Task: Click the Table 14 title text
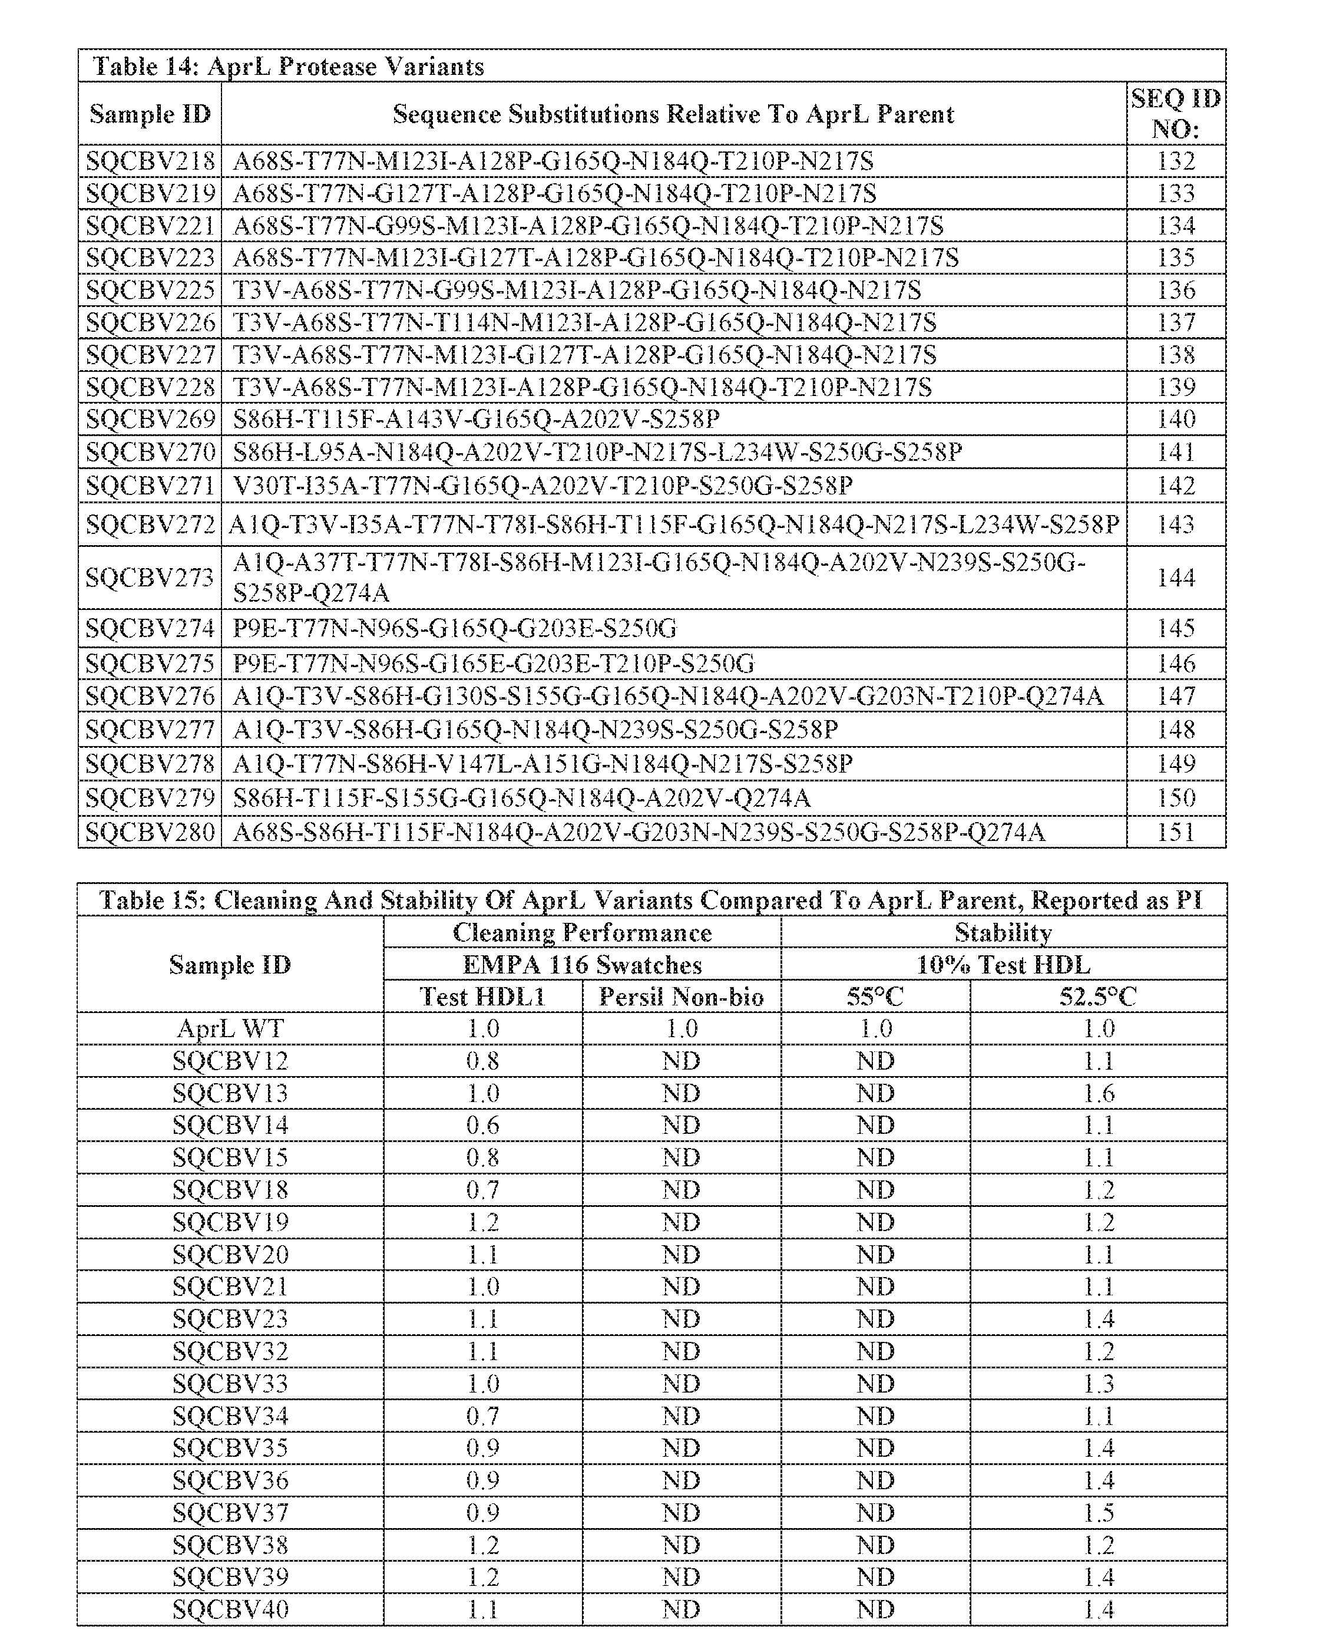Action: tap(288, 66)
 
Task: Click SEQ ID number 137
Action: tap(1176, 322)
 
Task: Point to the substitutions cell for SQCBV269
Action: tap(476, 420)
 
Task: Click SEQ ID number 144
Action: tap(1176, 578)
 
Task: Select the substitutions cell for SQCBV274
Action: tap(455, 629)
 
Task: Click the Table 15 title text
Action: tap(651, 900)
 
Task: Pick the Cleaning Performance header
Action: tap(582, 932)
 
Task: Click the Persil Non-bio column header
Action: tap(681, 997)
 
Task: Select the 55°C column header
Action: tap(875, 997)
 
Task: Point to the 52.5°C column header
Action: tap(1097, 997)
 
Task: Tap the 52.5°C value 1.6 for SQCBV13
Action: tap(1099, 1093)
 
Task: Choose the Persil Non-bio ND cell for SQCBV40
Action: tap(681, 1609)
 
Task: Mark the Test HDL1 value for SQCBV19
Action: tap(482, 1222)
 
